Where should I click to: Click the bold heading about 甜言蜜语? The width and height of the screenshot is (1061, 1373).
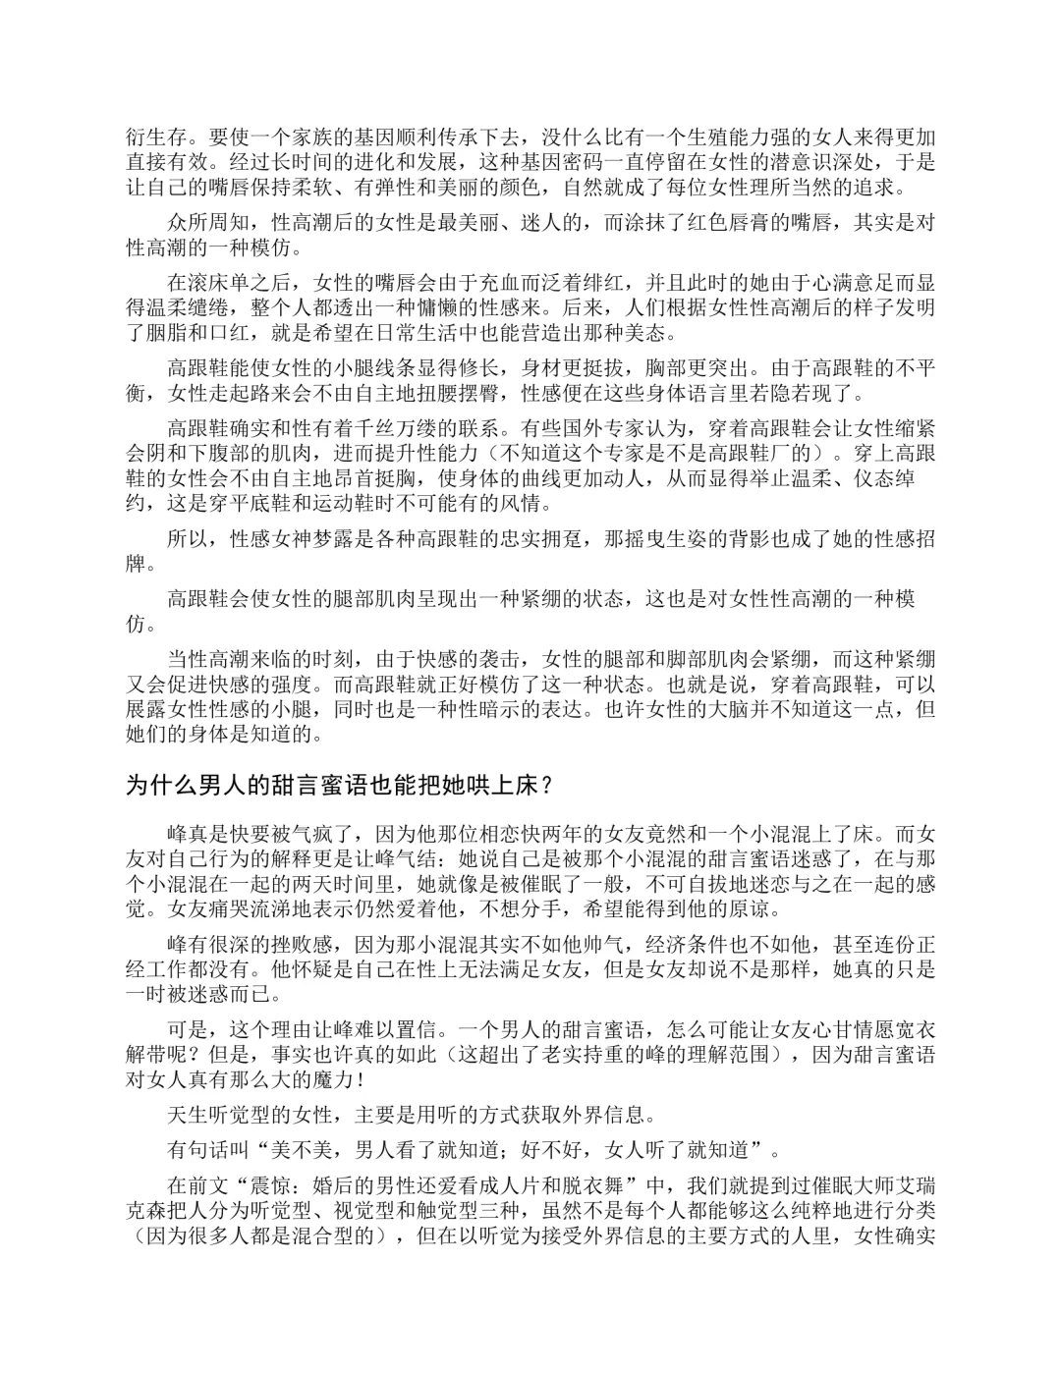344,786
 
